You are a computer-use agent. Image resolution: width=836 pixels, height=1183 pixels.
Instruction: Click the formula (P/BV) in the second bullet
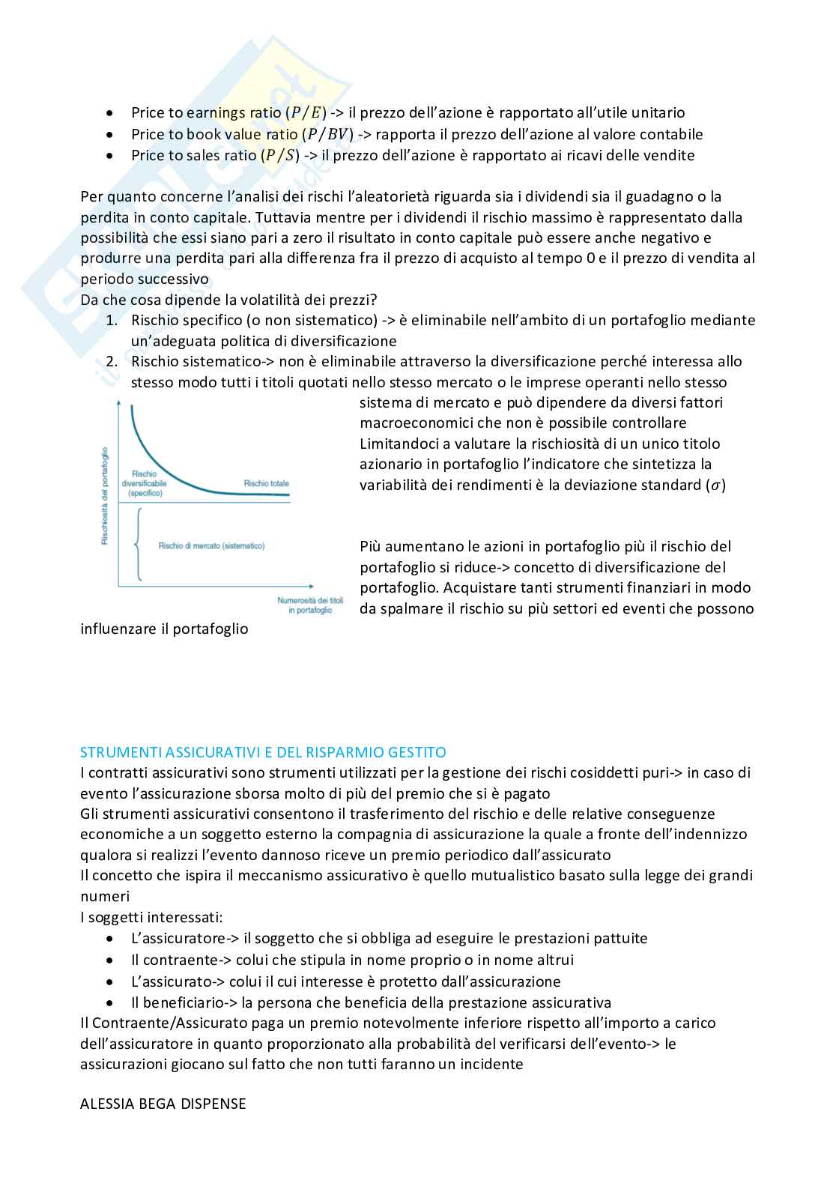327,135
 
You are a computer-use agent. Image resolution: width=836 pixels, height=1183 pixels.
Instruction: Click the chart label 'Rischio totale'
266,484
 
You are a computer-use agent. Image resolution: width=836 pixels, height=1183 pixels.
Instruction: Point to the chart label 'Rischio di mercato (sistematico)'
211,546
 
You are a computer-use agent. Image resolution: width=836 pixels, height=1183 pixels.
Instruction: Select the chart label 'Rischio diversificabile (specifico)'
149,484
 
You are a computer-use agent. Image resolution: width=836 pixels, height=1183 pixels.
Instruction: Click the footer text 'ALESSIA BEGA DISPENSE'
163,1104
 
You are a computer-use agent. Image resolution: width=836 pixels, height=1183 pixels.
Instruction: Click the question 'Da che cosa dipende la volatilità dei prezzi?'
228,300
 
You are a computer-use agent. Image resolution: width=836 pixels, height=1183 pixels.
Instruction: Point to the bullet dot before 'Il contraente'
111,960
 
